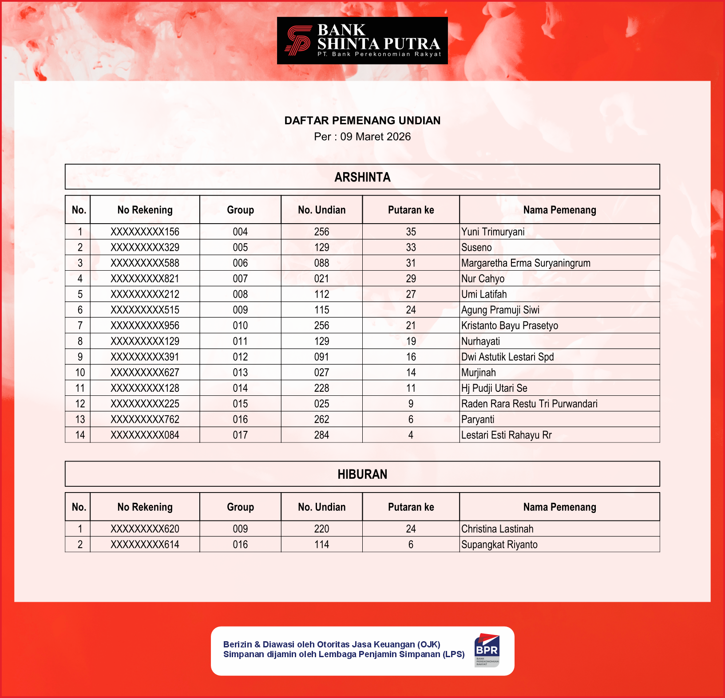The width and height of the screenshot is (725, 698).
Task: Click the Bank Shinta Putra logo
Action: click(x=362, y=41)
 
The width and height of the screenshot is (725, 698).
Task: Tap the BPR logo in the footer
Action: click(x=487, y=650)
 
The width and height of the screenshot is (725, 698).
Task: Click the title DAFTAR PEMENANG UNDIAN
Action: click(x=362, y=121)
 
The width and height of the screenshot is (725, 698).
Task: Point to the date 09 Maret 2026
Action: click(x=375, y=137)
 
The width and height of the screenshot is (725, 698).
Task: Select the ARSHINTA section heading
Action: click(x=362, y=177)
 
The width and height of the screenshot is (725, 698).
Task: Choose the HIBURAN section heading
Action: click(x=362, y=474)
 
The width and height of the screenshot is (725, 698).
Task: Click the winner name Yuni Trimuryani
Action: click(x=493, y=232)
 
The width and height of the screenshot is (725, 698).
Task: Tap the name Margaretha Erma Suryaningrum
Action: click(x=526, y=263)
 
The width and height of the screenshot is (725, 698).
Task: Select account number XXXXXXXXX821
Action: click(x=145, y=279)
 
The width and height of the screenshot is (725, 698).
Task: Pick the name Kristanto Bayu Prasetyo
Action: click(x=509, y=326)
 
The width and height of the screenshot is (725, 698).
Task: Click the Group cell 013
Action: click(x=240, y=373)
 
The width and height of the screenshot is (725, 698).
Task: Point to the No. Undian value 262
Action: click(x=321, y=419)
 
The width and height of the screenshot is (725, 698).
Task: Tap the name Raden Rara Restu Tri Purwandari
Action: click(x=529, y=404)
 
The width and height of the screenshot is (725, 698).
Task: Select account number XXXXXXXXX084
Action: click(x=145, y=435)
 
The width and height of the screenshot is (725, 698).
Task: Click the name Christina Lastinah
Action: click(x=497, y=529)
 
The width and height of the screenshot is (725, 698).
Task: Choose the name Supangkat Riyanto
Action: click(x=499, y=544)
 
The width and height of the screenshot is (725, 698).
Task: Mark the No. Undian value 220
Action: click(x=321, y=529)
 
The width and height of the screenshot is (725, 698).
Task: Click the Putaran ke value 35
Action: click(x=411, y=232)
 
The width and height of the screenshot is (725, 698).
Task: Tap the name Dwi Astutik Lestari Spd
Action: click(x=507, y=357)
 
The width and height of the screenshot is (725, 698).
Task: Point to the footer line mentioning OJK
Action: click(x=332, y=644)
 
